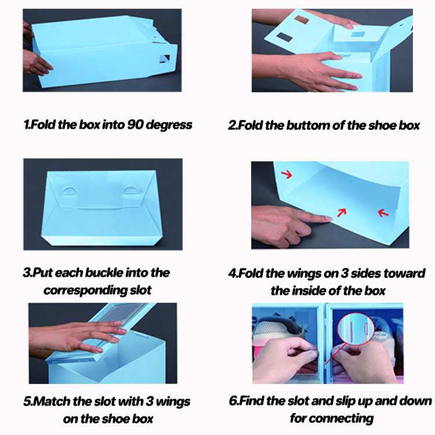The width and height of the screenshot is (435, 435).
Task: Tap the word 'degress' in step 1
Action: click(169, 125)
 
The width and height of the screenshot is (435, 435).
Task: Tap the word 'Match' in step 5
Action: click(52, 401)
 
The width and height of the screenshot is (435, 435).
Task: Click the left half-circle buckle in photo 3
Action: click(70, 191)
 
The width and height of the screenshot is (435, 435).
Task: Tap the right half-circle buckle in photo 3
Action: click(130, 190)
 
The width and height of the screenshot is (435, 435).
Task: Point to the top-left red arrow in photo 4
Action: click(287, 174)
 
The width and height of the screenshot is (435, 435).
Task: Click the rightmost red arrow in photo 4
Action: click(383, 213)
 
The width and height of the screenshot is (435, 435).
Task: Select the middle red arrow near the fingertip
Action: click(342, 212)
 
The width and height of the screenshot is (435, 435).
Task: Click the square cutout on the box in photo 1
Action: click(164, 59)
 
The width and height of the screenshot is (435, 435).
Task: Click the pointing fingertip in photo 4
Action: click(329, 219)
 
